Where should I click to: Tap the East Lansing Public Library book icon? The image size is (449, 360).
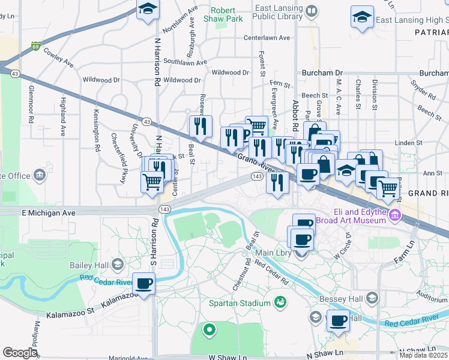312,11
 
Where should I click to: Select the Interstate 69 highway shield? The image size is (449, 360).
37,46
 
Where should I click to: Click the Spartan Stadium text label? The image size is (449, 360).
239,304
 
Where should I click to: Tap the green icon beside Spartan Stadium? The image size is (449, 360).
279,301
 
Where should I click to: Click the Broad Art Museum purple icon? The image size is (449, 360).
394,215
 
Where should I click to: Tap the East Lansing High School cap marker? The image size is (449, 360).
362,17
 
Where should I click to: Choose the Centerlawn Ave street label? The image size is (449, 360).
266,38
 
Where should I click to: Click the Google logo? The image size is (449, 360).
20,353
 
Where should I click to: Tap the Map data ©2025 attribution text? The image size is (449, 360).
424,355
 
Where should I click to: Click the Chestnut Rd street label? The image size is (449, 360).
246,263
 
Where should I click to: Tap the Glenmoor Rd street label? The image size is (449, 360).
31,101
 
